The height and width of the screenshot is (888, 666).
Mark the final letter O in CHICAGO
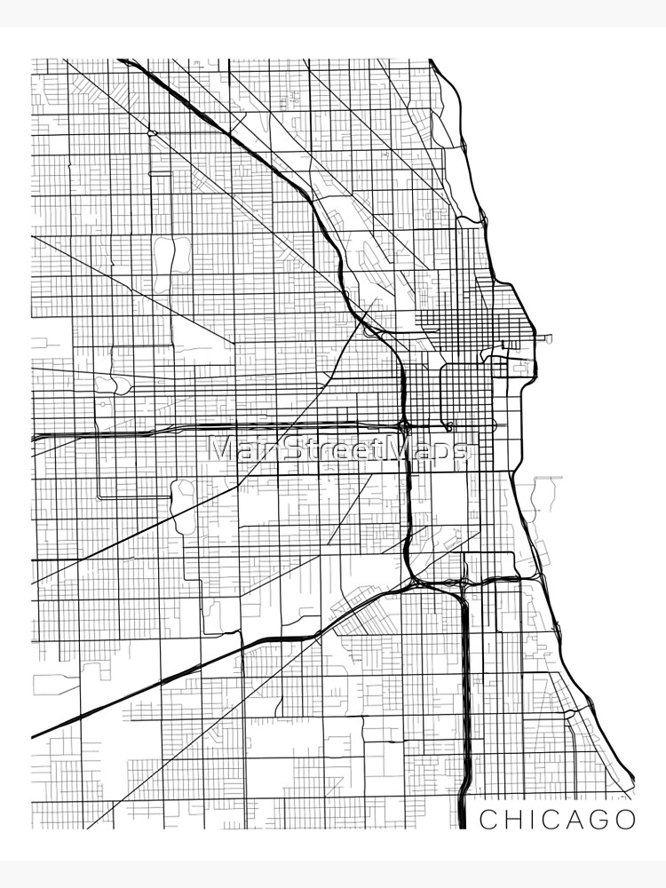(624, 820)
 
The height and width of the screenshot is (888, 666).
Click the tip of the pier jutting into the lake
(551, 338)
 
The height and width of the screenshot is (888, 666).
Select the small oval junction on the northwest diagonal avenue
(153, 133)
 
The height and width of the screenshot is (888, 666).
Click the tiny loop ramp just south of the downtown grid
(450, 427)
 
